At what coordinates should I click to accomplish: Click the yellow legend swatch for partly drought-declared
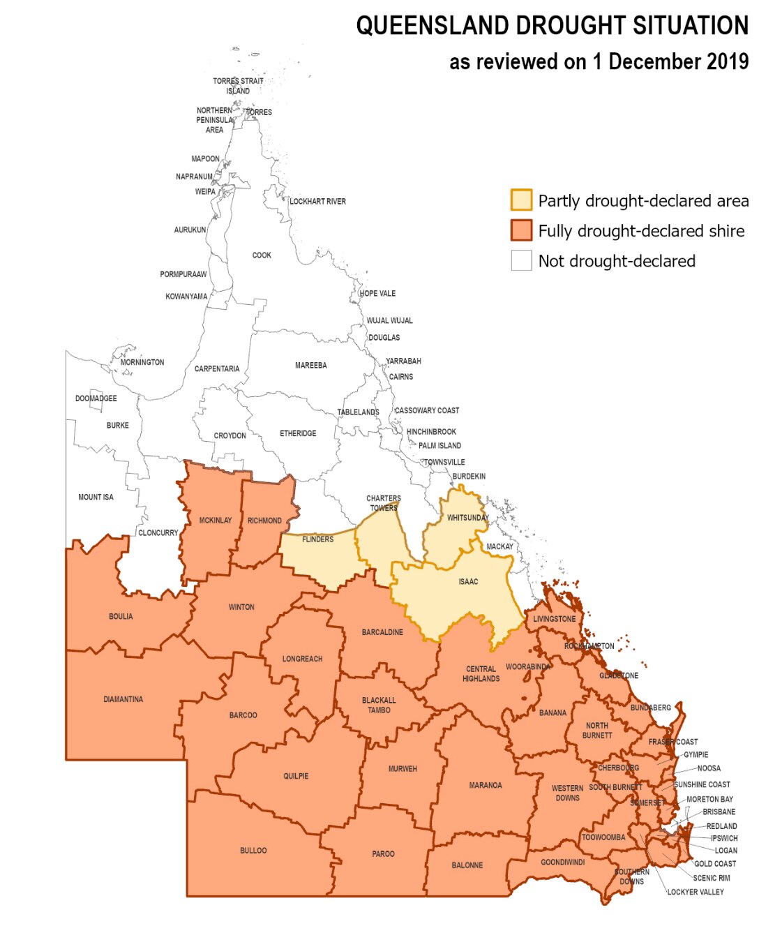click(x=521, y=200)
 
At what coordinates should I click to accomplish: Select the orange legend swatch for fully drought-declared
click(x=521, y=230)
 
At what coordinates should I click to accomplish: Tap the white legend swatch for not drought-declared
click(x=521, y=260)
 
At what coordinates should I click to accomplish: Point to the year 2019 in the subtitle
click(x=728, y=61)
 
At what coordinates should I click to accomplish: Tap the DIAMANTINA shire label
click(x=123, y=699)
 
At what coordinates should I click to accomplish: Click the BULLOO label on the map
click(x=253, y=851)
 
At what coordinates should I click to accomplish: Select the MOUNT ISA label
click(x=96, y=498)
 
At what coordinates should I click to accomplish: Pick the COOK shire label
click(x=262, y=255)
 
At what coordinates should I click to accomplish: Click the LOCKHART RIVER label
click(x=317, y=202)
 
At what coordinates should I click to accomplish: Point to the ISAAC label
click(x=468, y=582)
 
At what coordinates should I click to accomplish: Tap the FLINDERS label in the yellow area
click(x=317, y=539)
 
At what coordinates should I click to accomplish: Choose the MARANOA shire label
click(x=485, y=786)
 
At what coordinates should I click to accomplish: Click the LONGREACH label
click(x=302, y=659)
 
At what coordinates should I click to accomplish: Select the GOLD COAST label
click(x=715, y=864)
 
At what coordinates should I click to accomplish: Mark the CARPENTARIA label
click(x=217, y=369)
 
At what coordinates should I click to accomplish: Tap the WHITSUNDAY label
click(x=467, y=518)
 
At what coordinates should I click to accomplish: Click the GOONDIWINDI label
click(x=562, y=862)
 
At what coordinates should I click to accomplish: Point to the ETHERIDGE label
click(x=298, y=434)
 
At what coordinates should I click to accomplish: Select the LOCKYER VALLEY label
click(x=696, y=892)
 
